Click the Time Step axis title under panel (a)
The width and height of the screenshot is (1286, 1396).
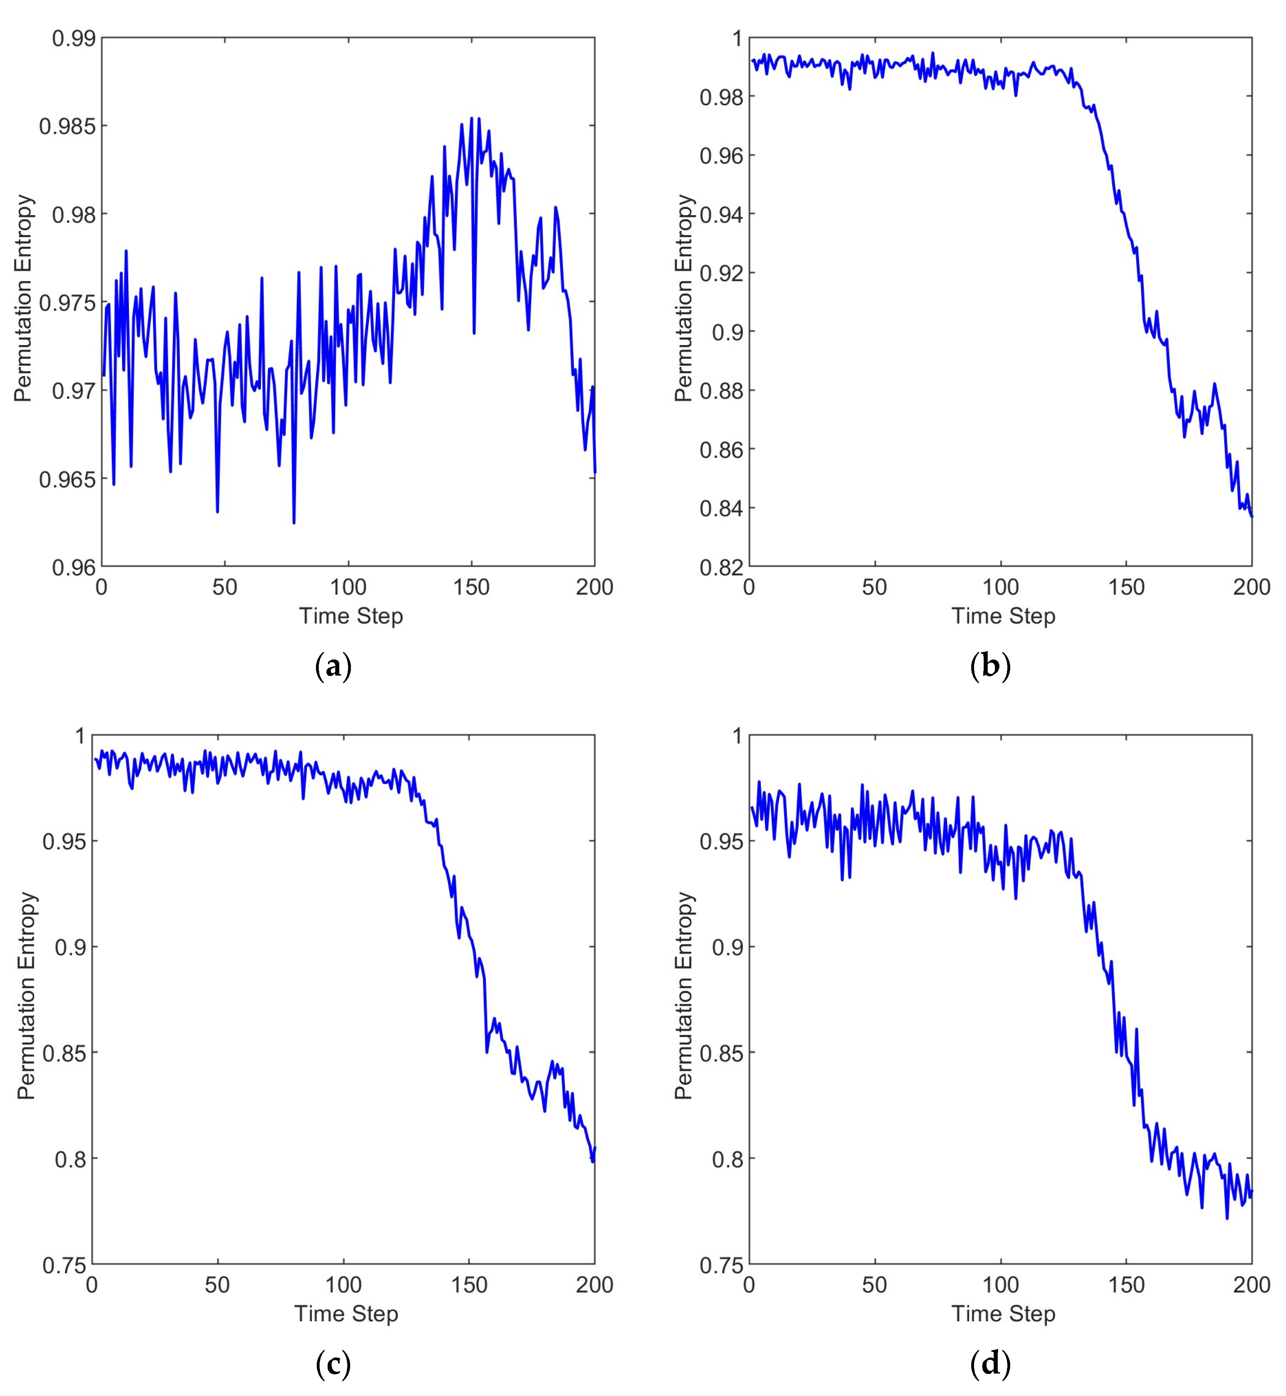coord(351,616)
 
